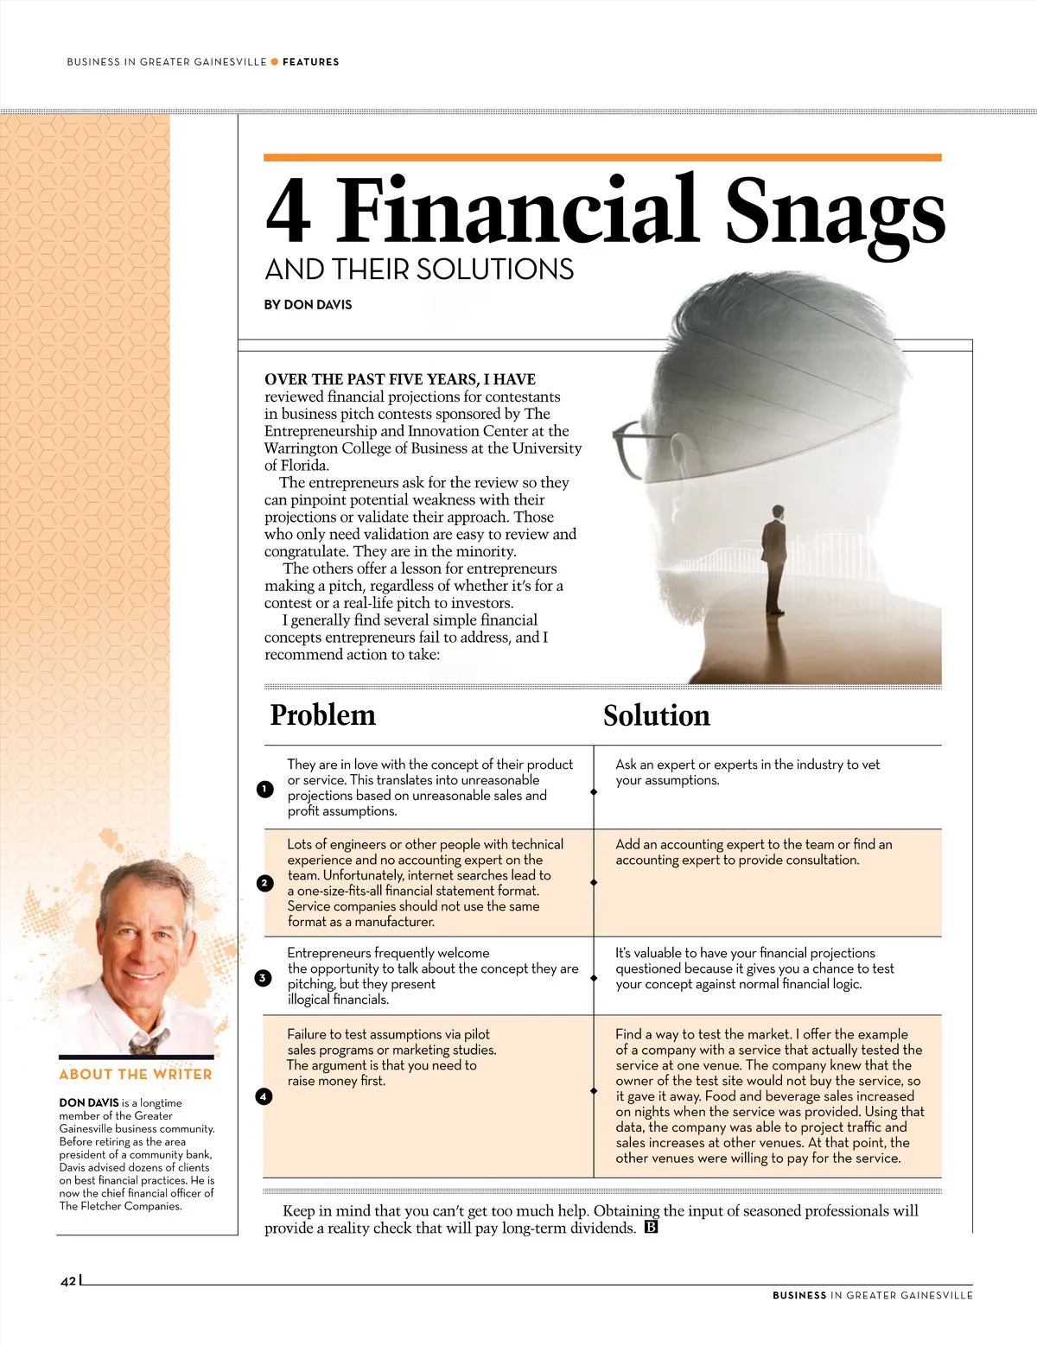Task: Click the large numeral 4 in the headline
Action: point(288,212)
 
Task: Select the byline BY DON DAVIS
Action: point(308,305)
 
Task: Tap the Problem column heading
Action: point(322,715)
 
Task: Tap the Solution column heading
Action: point(657,716)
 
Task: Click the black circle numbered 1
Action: point(265,789)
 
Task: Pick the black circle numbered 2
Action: point(264,883)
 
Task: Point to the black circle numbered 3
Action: point(264,978)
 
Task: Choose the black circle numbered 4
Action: point(264,1096)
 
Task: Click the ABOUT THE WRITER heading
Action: point(136,1075)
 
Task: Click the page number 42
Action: point(68,1281)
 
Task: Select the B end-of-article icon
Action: point(651,1228)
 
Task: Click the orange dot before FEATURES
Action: point(275,62)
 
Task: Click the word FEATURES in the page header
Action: point(311,62)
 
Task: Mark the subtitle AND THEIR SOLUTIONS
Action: point(419,270)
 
